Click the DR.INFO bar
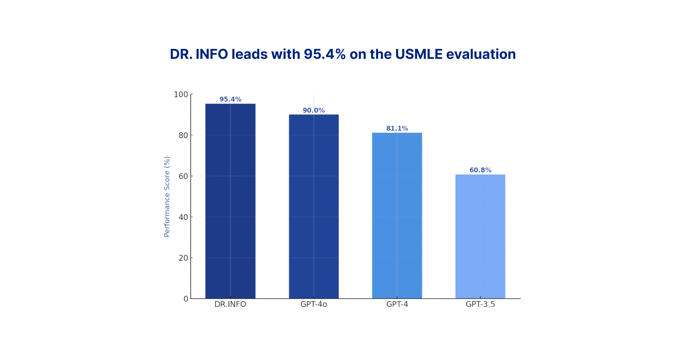click(230, 201)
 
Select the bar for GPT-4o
click(314, 207)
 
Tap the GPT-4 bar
click(397, 216)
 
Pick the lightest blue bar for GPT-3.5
click(480, 237)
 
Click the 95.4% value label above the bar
click(230, 99)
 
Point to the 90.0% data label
click(314, 110)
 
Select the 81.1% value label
click(397, 128)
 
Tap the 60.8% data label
click(480, 170)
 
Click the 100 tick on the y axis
click(181, 95)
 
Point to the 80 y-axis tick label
click(183, 135)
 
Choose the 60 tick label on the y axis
click(183, 176)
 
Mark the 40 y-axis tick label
click(183, 217)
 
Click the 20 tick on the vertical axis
click(183, 258)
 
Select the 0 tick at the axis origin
click(186, 299)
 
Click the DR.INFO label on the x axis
click(230, 304)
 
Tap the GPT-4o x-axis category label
click(314, 304)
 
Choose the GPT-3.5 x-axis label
click(480, 304)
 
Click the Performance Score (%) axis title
click(167, 197)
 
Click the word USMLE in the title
click(419, 54)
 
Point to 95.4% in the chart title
click(324, 54)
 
